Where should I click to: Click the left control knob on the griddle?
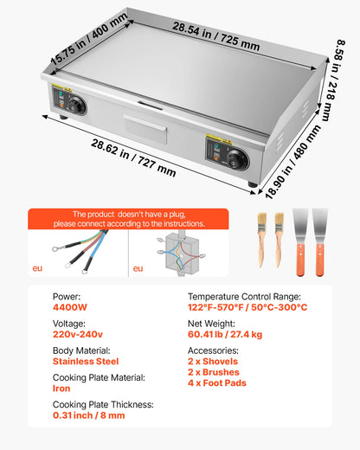tap(77, 105)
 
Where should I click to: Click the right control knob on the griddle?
tap(237, 158)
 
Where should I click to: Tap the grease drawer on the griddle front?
tap(145, 129)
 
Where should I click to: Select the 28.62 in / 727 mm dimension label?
tap(133, 157)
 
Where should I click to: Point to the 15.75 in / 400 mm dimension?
tap(89, 39)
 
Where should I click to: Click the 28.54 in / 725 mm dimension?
tap(216, 36)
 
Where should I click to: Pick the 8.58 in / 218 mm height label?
tap(336, 80)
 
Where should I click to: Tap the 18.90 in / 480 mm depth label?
tap(292, 162)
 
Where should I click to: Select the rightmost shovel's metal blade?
tap(319, 226)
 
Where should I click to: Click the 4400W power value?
tap(70, 307)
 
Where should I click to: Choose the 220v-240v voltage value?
tap(78, 334)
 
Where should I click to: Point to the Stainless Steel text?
tap(86, 361)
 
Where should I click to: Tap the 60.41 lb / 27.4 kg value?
tap(225, 334)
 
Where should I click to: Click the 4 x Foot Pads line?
tap(217, 382)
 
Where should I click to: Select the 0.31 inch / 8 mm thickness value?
tap(89, 415)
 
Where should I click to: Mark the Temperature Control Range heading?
tap(244, 297)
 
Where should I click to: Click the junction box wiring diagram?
tap(181, 254)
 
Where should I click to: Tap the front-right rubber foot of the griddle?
tap(252, 184)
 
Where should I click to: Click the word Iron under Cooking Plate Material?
tap(61, 389)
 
